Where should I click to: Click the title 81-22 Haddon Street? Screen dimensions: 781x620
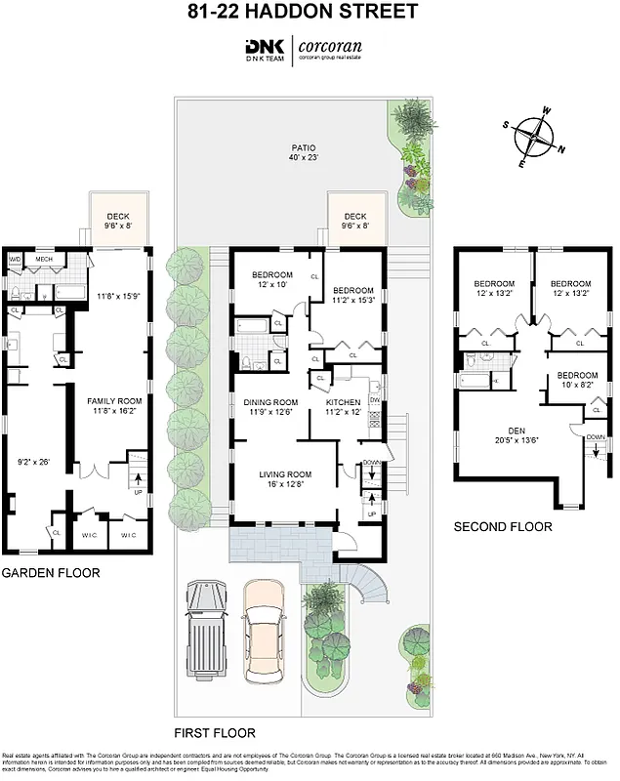310,13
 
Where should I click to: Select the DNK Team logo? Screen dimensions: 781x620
265,49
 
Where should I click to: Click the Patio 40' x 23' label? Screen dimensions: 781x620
304,151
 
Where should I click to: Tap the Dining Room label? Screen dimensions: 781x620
270,407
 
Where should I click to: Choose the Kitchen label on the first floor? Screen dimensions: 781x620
343,407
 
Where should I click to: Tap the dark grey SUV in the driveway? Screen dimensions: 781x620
206,635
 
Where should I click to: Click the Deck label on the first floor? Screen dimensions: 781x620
354,222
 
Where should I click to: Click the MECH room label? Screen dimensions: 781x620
44,259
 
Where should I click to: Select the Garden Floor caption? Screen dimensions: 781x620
50,573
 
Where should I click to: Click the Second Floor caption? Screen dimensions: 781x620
503,526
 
